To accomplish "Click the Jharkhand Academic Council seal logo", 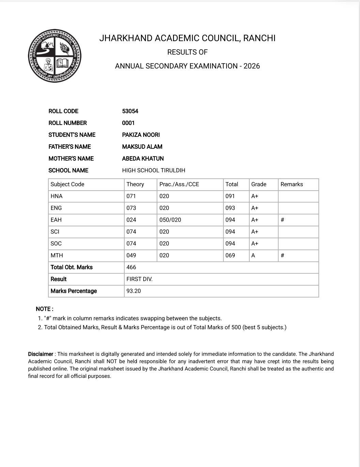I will coord(54,56).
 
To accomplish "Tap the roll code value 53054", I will coord(130,111).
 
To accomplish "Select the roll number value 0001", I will coord(128,123).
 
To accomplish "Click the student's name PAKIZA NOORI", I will coord(141,135).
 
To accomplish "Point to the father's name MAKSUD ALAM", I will coord(142,147).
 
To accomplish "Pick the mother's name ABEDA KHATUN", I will coord(143,159).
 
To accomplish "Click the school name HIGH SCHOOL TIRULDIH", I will coord(154,171).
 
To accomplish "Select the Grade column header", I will coord(259,184).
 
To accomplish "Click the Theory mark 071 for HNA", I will coord(131,196).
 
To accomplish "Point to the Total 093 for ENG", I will coord(230,208).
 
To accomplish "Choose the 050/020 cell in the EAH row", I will coord(170,220).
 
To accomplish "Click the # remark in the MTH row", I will coord(282,255).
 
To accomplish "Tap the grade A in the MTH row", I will coord(253,255).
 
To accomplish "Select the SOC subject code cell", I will coord(56,243).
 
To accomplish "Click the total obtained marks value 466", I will coord(131,267).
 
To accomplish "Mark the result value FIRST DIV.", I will coord(139,279).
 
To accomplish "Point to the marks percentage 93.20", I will coord(134,291).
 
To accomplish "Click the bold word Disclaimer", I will coord(41,354).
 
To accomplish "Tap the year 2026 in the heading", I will coord(252,66).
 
